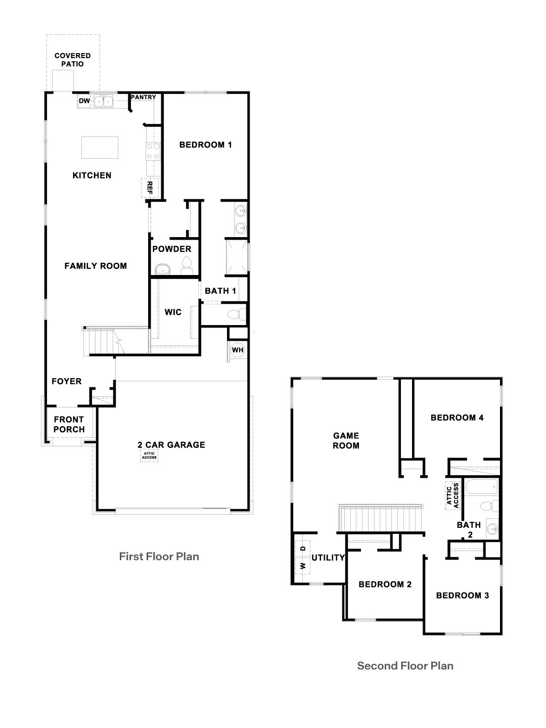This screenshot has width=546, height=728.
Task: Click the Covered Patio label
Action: click(72, 60)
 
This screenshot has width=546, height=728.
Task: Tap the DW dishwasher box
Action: click(84, 102)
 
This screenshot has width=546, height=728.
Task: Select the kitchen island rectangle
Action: click(100, 147)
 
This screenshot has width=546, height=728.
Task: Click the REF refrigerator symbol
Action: click(150, 188)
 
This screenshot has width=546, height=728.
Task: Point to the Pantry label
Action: click(144, 97)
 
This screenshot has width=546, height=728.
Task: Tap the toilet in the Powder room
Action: click(187, 266)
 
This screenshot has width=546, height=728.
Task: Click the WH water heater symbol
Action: click(238, 350)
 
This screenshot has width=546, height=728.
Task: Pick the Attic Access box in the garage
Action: click(150, 456)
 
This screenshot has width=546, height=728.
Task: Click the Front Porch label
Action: click(69, 424)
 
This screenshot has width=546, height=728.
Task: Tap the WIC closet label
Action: click(173, 312)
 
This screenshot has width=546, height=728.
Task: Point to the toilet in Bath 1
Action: click(236, 315)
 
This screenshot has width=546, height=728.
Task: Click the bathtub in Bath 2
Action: click(481, 488)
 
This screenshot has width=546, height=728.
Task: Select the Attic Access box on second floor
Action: click(453, 495)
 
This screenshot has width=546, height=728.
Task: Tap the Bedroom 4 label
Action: click(457, 418)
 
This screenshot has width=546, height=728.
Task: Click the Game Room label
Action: click(346, 440)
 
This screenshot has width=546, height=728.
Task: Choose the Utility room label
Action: click(328, 558)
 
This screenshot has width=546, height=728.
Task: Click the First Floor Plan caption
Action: click(159, 557)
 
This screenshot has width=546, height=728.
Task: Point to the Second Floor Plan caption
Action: click(405, 666)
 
